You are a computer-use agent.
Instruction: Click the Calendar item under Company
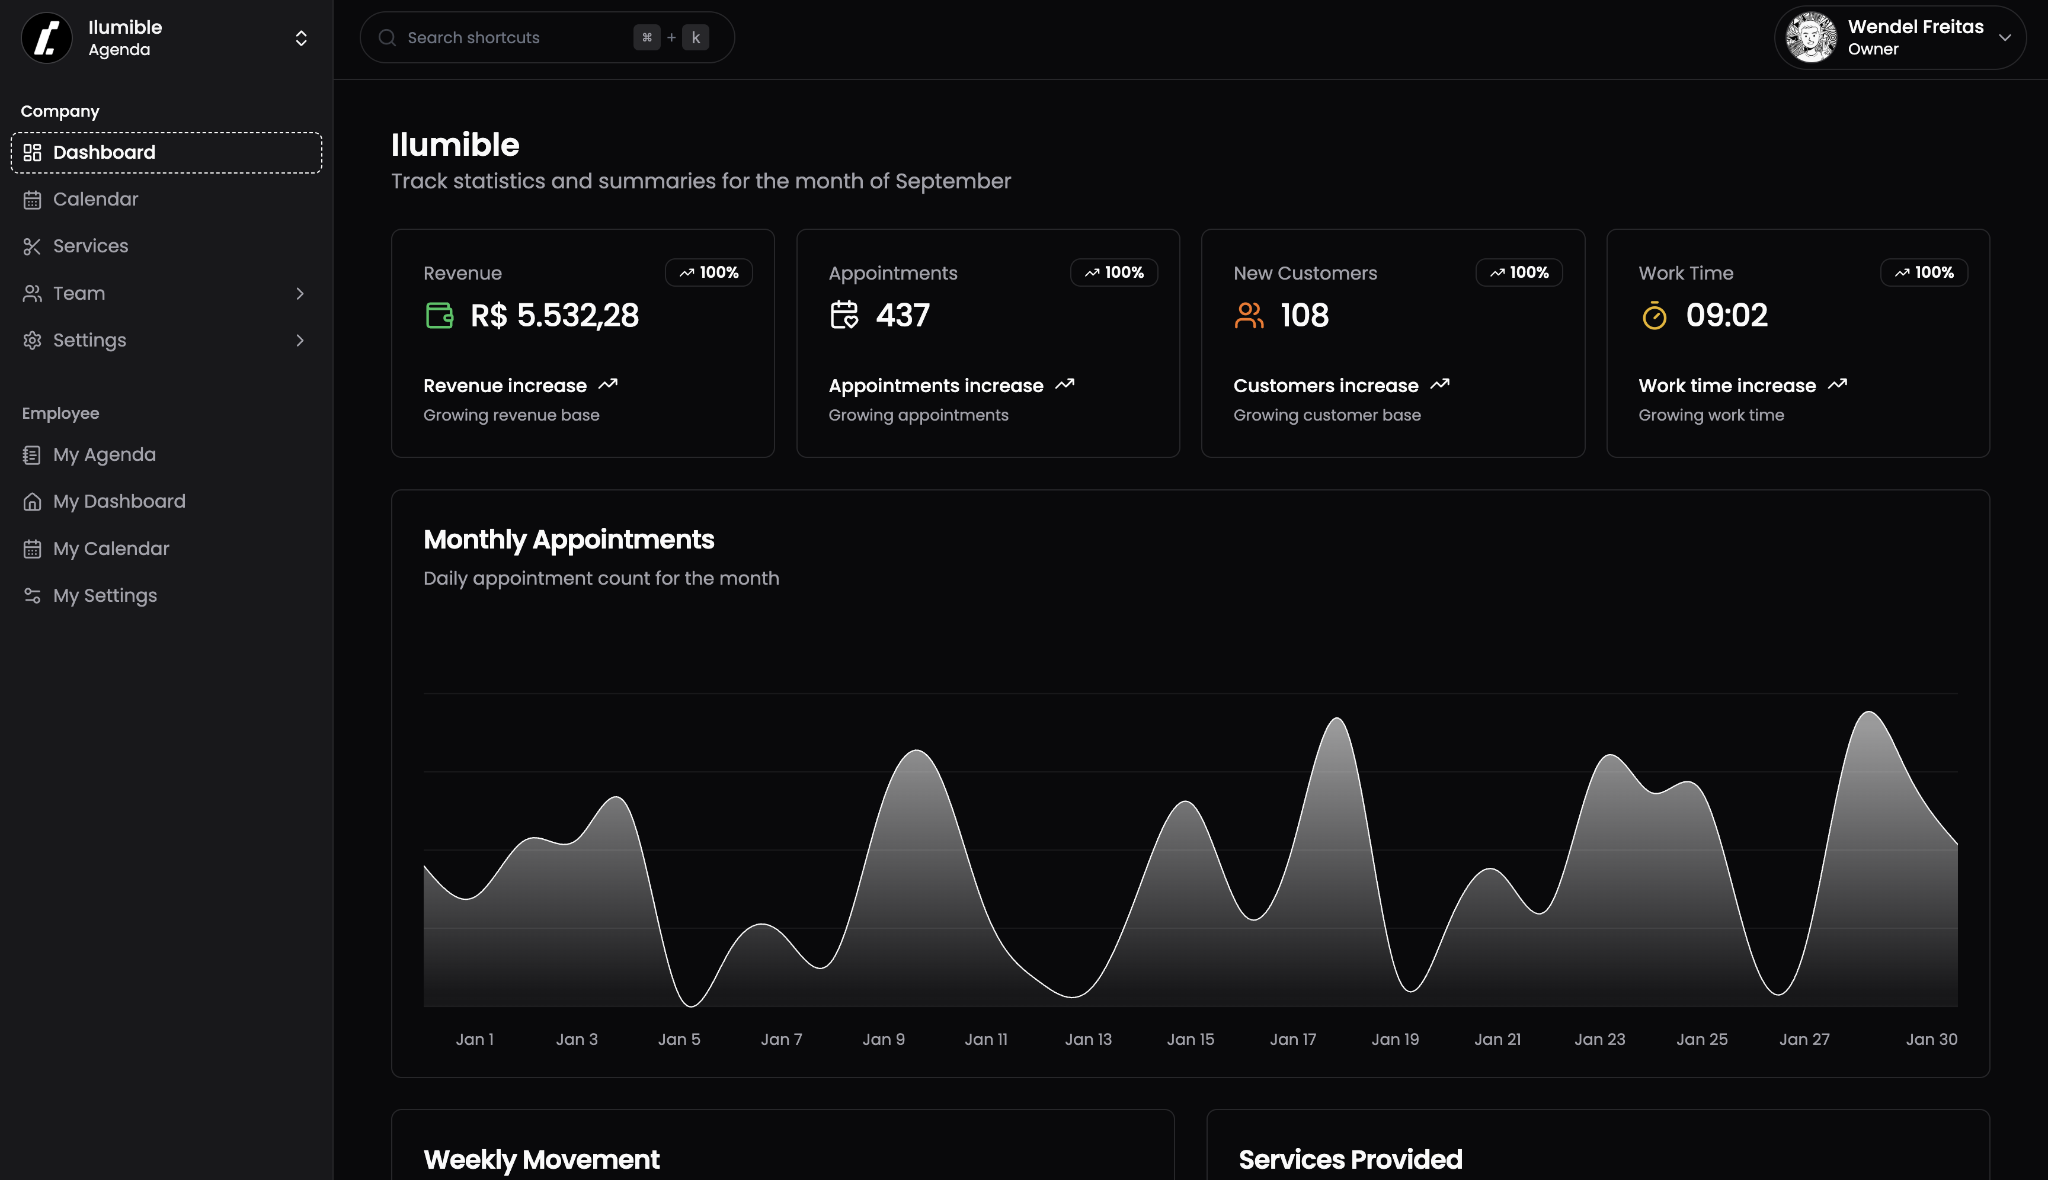click(x=95, y=200)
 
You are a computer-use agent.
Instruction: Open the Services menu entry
click(x=90, y=246)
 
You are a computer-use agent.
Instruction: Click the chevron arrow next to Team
click(x=300, y=293)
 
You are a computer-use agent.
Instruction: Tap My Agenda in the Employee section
click(x=104, y=455)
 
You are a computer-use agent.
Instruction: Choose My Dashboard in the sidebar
click(x=119, y=502)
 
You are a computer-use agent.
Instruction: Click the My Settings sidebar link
click(x=104, y=596)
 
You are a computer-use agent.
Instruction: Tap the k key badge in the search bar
click(x=696, y=38)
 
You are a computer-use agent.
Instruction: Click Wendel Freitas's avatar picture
click(x=1810, y=37)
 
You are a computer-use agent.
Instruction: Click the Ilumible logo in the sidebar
click(x=47, y=38)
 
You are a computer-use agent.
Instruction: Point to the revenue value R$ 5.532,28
click(x=555, y=315)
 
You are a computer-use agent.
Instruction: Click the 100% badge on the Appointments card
click(x=1114, y=273)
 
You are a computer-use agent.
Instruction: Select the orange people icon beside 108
click(x=1249, y=315)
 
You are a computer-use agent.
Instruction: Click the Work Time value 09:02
click(x=1726, y=315)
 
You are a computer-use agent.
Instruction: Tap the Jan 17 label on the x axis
click(x=1292, y=1039)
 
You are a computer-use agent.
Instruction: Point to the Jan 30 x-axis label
click(x=1931, y=1039)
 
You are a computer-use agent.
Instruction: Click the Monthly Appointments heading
click(x=568, y=540)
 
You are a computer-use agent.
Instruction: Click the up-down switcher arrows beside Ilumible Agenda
click(x=301, y=38)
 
